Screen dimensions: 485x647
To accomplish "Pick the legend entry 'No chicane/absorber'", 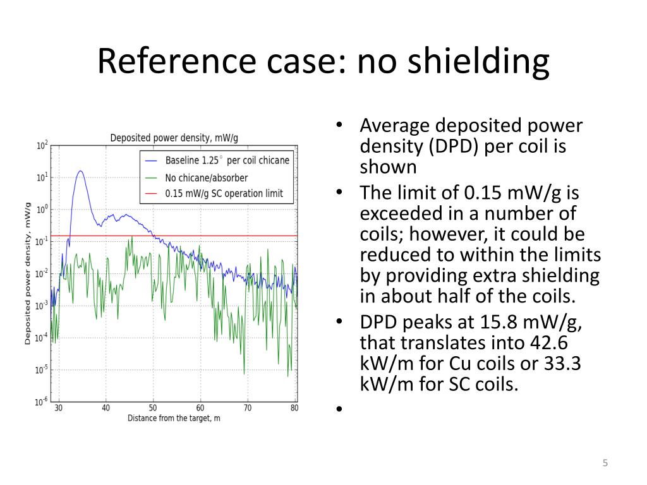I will click(207, 177).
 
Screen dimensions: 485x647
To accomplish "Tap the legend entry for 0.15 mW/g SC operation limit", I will click(224, 194).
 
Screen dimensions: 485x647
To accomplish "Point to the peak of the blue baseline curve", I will click(80, 171).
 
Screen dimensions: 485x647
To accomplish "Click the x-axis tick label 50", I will click(153, 408).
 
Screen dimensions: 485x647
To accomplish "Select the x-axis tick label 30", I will click(58, 408).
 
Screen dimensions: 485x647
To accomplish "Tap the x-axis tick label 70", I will click(248, 408).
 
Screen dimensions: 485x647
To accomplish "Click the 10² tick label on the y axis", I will click(42, 146).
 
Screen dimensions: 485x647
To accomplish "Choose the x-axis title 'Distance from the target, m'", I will click(174, 418).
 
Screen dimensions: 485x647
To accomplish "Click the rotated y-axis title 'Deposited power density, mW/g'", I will click(28, 273).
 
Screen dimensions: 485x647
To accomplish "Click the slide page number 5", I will click(605, 464).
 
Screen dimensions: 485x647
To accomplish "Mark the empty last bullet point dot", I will click(339, 409).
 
